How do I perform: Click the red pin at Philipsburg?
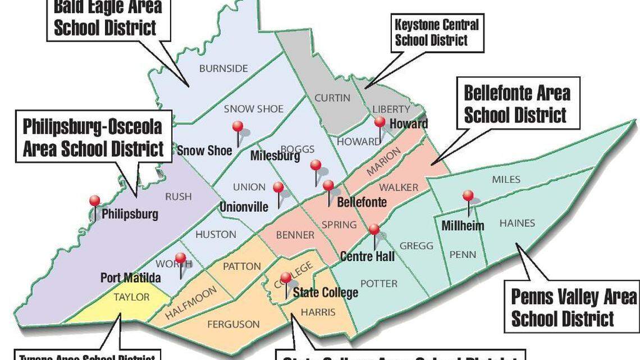pos(95,201)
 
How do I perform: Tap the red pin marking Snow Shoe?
pos(238,126)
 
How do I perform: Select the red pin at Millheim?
pos(468,195)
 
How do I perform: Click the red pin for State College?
pos(286,277)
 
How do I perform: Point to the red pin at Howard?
pos(380,122)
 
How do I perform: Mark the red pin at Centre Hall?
pos(374,229)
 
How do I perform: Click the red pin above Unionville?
pos(278,187)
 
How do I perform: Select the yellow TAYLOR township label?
pos(132,297)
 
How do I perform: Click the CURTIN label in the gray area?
pos(332,98)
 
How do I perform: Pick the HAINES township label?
pos(517,223)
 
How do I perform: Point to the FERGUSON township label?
pos(234,324)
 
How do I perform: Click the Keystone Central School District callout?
pos(437,33)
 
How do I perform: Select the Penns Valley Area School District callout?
pos(573,308)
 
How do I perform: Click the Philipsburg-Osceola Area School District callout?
pos(93,138)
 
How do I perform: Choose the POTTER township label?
pos(379,284)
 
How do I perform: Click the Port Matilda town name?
pos(131,278)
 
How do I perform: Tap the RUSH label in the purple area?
pos(178,197)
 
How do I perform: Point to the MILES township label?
pos(506,180)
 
